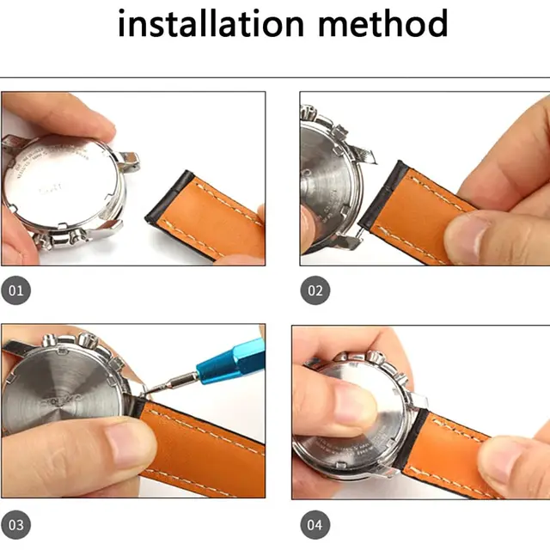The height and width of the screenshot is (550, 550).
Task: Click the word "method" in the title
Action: click(384, 24)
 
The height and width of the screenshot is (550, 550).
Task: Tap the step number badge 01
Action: click(16, 290)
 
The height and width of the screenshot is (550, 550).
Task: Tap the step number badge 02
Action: click(315, 290)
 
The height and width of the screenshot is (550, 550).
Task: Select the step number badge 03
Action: click(16, 523)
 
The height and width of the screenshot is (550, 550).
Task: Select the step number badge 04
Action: click(315, 523)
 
